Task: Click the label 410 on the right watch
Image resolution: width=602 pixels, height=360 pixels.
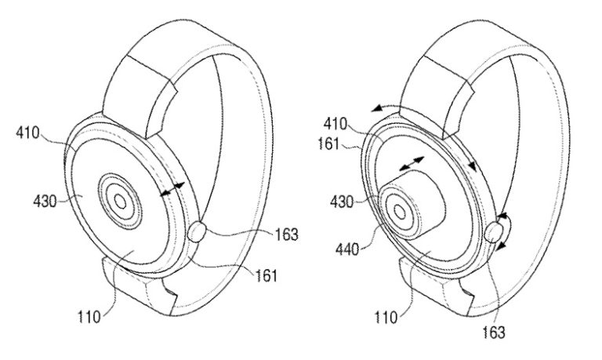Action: [x=335, y=124]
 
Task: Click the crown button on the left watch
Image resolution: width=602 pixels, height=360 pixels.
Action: [x=200, y=232]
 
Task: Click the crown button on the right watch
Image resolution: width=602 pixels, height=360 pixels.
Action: [x=494, y=233]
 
